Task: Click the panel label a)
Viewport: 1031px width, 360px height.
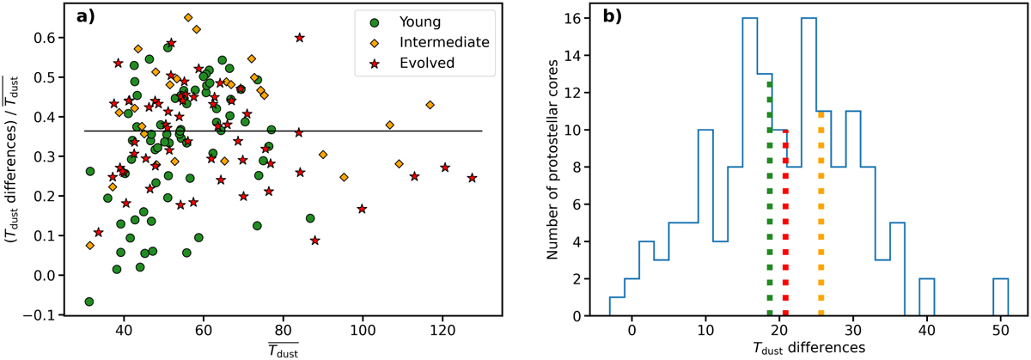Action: [80, 18]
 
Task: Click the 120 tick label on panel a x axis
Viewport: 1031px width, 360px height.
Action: [442, 330]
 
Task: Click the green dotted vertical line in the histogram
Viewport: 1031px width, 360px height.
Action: [769, 198]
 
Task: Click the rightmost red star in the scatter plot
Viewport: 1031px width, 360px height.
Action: [472, 178]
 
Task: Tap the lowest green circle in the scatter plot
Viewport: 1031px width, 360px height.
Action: [88, 302]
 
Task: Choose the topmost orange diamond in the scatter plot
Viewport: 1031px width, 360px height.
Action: [188, 17]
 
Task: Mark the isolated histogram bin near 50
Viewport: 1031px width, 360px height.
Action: [1001, 297]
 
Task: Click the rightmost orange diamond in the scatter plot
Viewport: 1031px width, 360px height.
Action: [430, 105]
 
